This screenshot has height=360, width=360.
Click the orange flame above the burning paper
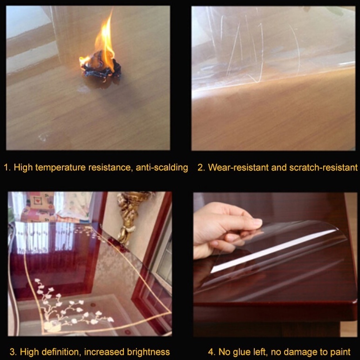[104, 44]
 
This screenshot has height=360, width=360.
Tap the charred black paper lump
[101, 68]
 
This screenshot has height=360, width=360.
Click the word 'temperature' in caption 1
[61, 167]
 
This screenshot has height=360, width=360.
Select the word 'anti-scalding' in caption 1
[162, 167]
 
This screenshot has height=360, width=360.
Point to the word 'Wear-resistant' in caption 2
[238, 167]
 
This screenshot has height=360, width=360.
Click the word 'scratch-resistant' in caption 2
[323, 167]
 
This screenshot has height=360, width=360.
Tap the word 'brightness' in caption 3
[148, 352]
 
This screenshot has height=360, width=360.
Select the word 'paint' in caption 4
[340, 352]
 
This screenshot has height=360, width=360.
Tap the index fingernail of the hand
[257, 222]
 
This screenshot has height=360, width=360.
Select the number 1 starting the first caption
[7, 167]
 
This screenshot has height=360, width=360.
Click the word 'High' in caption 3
[29, 352]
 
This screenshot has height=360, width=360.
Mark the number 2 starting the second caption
[201, 167]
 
